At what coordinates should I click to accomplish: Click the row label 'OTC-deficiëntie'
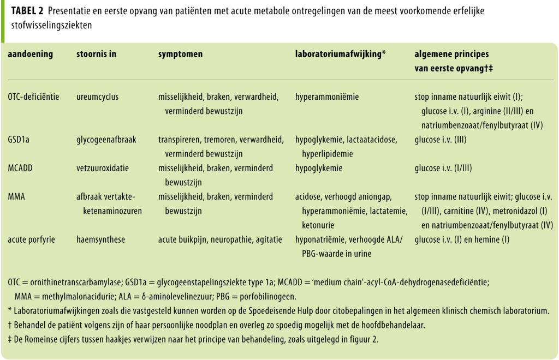point(33,97)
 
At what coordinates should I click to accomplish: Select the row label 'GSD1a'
point(20,140)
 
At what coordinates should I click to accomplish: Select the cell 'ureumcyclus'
point(97,97)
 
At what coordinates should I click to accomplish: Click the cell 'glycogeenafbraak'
point(106,140)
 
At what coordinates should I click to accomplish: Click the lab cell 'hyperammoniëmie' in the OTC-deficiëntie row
point(327,97)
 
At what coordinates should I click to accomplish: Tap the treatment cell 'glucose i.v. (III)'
point(443,140)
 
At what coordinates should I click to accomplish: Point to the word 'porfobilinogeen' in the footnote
point(268,297)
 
